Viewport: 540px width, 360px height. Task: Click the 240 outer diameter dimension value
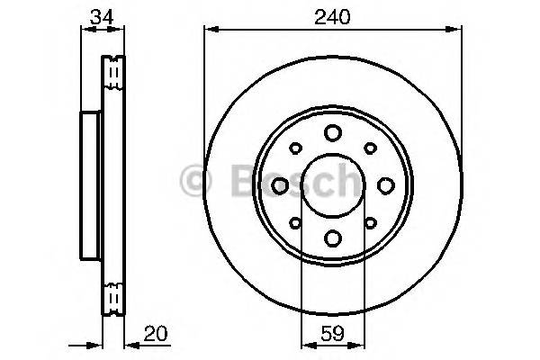click(x=332, y=14)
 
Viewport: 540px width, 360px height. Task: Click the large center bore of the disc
click(x=332, y=184)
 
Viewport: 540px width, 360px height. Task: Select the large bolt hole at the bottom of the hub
click(x=332, y=238)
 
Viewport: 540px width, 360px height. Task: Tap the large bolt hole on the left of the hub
click(x=279, y=184)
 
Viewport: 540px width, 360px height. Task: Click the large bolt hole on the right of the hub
click(x=385, y=184)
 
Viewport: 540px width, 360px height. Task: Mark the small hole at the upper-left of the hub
click(x=295, y=148)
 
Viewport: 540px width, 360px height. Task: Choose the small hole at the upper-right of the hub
click(x=369, y=148)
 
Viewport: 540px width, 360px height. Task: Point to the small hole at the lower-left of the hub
click(x=295, y=221)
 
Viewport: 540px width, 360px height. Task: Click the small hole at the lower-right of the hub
click(x=369, y=221)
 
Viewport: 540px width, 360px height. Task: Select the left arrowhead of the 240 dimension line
click(x=210, y=30)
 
